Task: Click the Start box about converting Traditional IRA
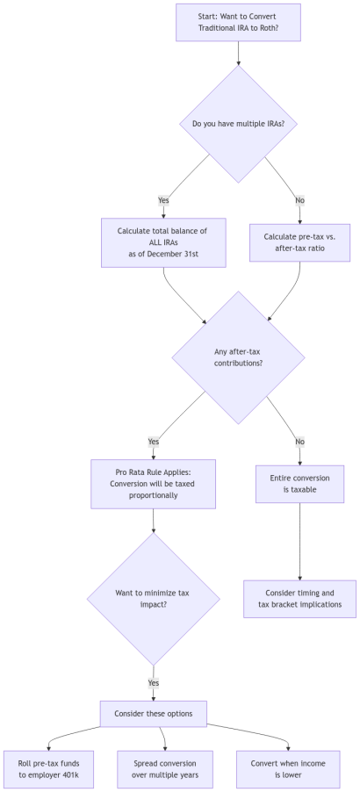click(238, 22)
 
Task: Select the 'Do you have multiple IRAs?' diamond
click(238, 124)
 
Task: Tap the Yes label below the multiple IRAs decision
click(163, 201)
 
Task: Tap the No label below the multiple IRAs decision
click(300, 201)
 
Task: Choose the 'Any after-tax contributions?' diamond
click(238, 357)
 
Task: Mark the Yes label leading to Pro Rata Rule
click(154, 441)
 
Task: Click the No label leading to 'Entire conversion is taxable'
click(300, 441)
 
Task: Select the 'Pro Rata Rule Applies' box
click(154, 483)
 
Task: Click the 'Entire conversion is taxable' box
click(300, 483)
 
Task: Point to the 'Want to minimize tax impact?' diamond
click(154, 599)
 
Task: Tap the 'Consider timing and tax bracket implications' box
click(300, 599)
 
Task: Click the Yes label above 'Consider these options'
click(154, 682)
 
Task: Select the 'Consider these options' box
click(154, 714)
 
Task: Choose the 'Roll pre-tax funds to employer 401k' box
click(47, 769)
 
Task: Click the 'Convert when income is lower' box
click(288, 769)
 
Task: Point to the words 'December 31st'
click(163, 253)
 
